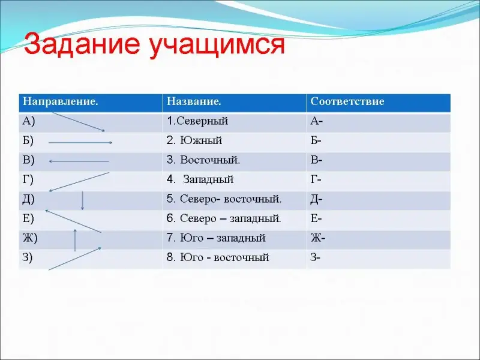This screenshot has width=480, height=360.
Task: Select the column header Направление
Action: (x=61, y=101)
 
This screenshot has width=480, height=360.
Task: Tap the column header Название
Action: (x=194, y=101)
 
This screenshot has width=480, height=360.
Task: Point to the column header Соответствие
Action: (x=347, y=101)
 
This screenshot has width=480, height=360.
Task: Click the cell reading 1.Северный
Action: (x=197, y=121)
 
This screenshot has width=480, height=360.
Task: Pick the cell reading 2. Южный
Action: (x=194, y=140)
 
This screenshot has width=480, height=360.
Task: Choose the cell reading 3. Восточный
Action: (x=203, y=160)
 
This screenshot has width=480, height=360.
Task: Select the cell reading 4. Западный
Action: (x=200, y=179)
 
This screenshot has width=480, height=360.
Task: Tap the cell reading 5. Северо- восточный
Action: (x=224, y=199)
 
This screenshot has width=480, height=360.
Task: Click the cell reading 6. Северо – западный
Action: (x=224, y=218)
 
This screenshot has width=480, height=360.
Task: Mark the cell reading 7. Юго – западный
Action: (x=216, y=238)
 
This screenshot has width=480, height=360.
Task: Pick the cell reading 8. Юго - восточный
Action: (x=218, y=257)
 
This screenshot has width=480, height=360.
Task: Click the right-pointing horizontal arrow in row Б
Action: (x=80, y=142)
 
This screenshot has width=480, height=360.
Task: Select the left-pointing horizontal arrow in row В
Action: (x=79, y=161)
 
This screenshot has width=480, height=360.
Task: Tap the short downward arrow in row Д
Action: (x=82, y=200)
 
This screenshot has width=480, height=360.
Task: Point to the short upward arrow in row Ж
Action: (x=75, y=240)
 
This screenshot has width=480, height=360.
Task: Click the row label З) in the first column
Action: (x=27, y=257)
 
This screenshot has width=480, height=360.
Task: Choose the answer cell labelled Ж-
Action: (x=318, y=238)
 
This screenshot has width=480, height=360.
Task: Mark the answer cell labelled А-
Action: (x=317, y=121)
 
